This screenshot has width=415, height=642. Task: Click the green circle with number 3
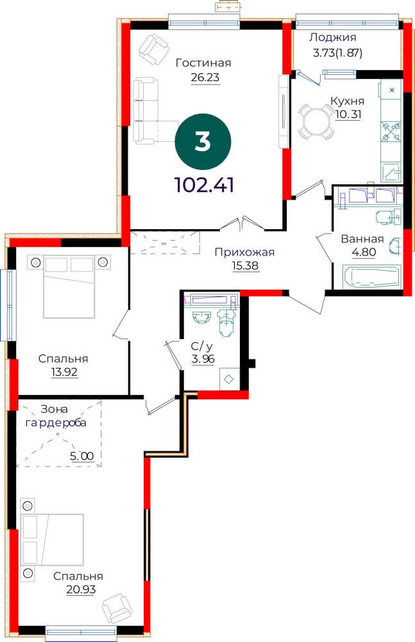click(203, 142)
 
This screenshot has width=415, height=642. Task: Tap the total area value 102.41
click(204, 185)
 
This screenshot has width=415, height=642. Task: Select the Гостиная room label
click(203, 63)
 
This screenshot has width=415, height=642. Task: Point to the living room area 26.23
click(205, 77)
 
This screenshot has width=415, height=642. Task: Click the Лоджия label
click(333, 38)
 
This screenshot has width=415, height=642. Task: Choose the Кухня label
click(347, 101)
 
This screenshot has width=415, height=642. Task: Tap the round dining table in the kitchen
click(316, 121)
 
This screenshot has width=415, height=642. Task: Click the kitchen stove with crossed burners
click(392, 131)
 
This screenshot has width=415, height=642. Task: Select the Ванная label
click(362, 239)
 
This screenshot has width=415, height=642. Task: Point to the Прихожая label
click(244, 252)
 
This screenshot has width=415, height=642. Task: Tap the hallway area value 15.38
click(246, 266)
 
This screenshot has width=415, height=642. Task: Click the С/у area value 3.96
click(203, 359)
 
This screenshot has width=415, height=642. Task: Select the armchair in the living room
click(155, 49)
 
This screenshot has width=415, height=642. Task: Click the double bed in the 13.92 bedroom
click(69, 286)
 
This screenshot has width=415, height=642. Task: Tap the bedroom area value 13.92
click(64, 372)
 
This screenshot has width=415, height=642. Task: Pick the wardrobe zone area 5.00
click(82, 456)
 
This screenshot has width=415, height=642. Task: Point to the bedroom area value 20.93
click(81, 589)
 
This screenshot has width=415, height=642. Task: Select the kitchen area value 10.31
click(348, 114)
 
